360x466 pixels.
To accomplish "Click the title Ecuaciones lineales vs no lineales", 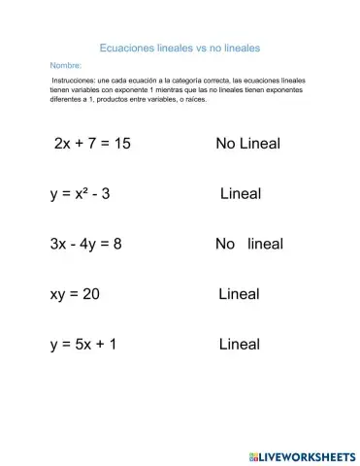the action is click(x=180, y=46).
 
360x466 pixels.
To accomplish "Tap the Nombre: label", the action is click(x=64, y=65).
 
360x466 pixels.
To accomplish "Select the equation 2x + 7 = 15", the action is click(x=92, y=144).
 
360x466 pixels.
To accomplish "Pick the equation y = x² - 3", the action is click(x=81, y=193).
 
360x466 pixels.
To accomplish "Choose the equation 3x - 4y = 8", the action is click(x=86, y=244).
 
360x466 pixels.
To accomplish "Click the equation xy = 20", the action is click(x=75, y=293).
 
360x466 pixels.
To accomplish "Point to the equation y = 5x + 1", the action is click(x=83, y=344).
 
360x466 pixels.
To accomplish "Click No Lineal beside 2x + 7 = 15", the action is click(x=247, y=144).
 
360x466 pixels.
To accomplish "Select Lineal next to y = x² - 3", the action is click(x=240, y=193).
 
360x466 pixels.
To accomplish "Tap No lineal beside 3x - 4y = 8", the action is click(x=248, y=244).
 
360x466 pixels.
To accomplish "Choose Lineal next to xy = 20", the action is click(x=239, y=293).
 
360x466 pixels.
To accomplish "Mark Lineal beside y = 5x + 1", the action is click(x=239, y=344).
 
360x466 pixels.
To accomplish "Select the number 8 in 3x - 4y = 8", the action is click(x=117, y=244).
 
